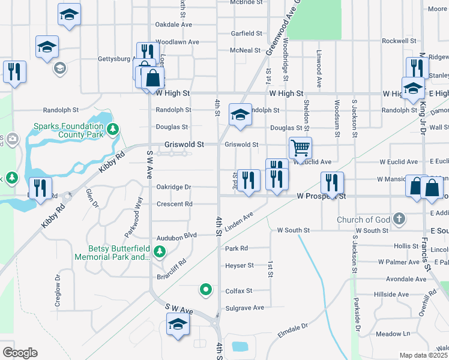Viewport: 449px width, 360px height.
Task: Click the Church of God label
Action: [x=364, y=219]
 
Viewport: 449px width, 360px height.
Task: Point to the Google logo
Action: [x=20, y=353]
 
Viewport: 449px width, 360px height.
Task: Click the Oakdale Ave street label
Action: [x=173, y=25]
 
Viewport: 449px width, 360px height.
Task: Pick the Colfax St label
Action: [x=239, y=291]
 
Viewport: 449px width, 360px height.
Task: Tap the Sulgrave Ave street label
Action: [x=244, y=308]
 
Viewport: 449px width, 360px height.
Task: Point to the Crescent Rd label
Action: [x=174, y=204]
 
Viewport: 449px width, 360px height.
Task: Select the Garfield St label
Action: [x=247, y=34]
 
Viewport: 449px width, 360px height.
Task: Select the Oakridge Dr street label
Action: [x=173, y=187]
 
